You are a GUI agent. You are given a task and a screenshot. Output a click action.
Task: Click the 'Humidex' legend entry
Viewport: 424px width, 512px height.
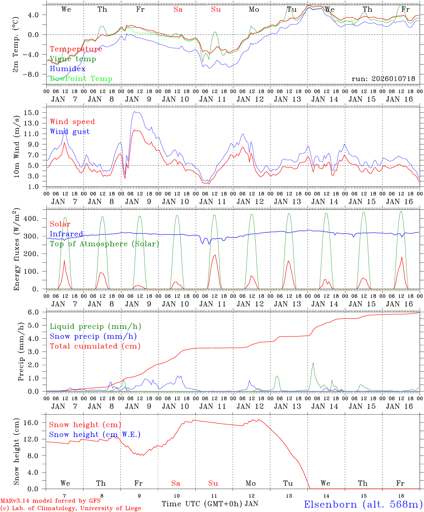click(67, 69)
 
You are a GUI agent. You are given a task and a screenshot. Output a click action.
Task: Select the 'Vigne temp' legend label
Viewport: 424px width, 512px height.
click(73, 59)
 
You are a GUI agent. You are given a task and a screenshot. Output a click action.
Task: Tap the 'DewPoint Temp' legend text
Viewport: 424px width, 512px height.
click(81, 79)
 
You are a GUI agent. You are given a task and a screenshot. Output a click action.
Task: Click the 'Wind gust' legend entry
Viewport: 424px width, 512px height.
click(70, 132)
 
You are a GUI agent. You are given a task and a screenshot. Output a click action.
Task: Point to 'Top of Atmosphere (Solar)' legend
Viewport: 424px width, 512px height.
click(104, 244)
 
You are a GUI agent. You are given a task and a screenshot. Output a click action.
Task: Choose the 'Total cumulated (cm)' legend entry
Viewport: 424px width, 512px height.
click(95, 346)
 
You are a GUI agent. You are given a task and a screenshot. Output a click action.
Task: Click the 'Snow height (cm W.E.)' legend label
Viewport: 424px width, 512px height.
click(95, 434)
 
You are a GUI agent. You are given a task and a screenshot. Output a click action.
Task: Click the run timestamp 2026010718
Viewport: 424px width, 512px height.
click(383, 79)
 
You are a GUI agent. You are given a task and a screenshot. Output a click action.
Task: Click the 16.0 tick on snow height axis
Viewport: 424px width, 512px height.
click(33, 423)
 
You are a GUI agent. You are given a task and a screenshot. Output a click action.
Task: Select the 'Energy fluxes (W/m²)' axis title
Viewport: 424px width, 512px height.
click(17, 250)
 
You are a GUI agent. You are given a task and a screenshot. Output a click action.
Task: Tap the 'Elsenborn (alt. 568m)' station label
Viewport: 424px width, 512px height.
click(363, 504)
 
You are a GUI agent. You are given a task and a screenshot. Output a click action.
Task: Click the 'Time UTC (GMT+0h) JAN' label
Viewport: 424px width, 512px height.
click(210, 504)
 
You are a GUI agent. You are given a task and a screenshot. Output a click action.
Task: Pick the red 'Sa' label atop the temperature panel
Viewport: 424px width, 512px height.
click(178, 10)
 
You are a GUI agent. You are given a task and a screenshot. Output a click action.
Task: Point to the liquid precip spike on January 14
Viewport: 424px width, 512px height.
click(313, 363)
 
